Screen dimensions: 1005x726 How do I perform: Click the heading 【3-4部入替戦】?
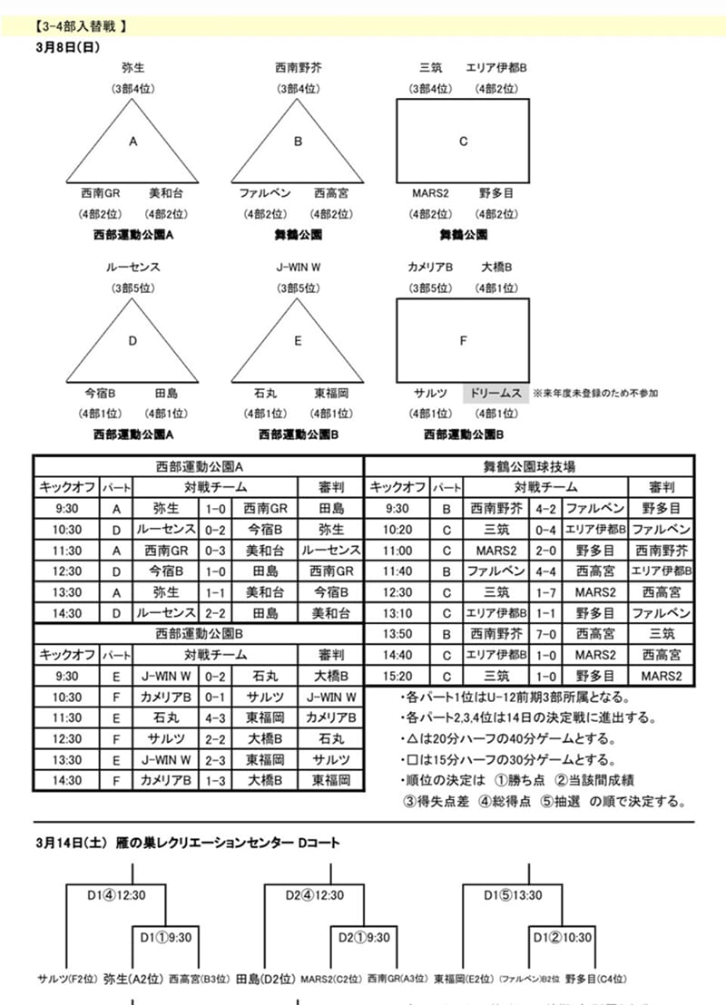[81, 26]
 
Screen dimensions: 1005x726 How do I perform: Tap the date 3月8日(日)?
[67, 46]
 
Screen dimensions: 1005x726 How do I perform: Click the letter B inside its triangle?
[298, 141]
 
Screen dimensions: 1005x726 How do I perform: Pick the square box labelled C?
[463, 141]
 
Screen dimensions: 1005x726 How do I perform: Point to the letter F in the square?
[463, 341]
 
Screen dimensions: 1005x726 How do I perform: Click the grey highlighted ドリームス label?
[495, 393]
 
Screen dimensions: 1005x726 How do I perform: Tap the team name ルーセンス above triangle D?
[132, 268]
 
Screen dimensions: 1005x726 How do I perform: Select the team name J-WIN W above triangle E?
[298, 268]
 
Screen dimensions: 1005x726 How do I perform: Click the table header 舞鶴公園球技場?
[529, 467]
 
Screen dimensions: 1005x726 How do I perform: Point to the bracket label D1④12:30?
[116, 895]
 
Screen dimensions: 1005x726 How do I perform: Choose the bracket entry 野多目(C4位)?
[595, 979]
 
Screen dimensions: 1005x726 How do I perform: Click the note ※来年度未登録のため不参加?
[595, 393]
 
